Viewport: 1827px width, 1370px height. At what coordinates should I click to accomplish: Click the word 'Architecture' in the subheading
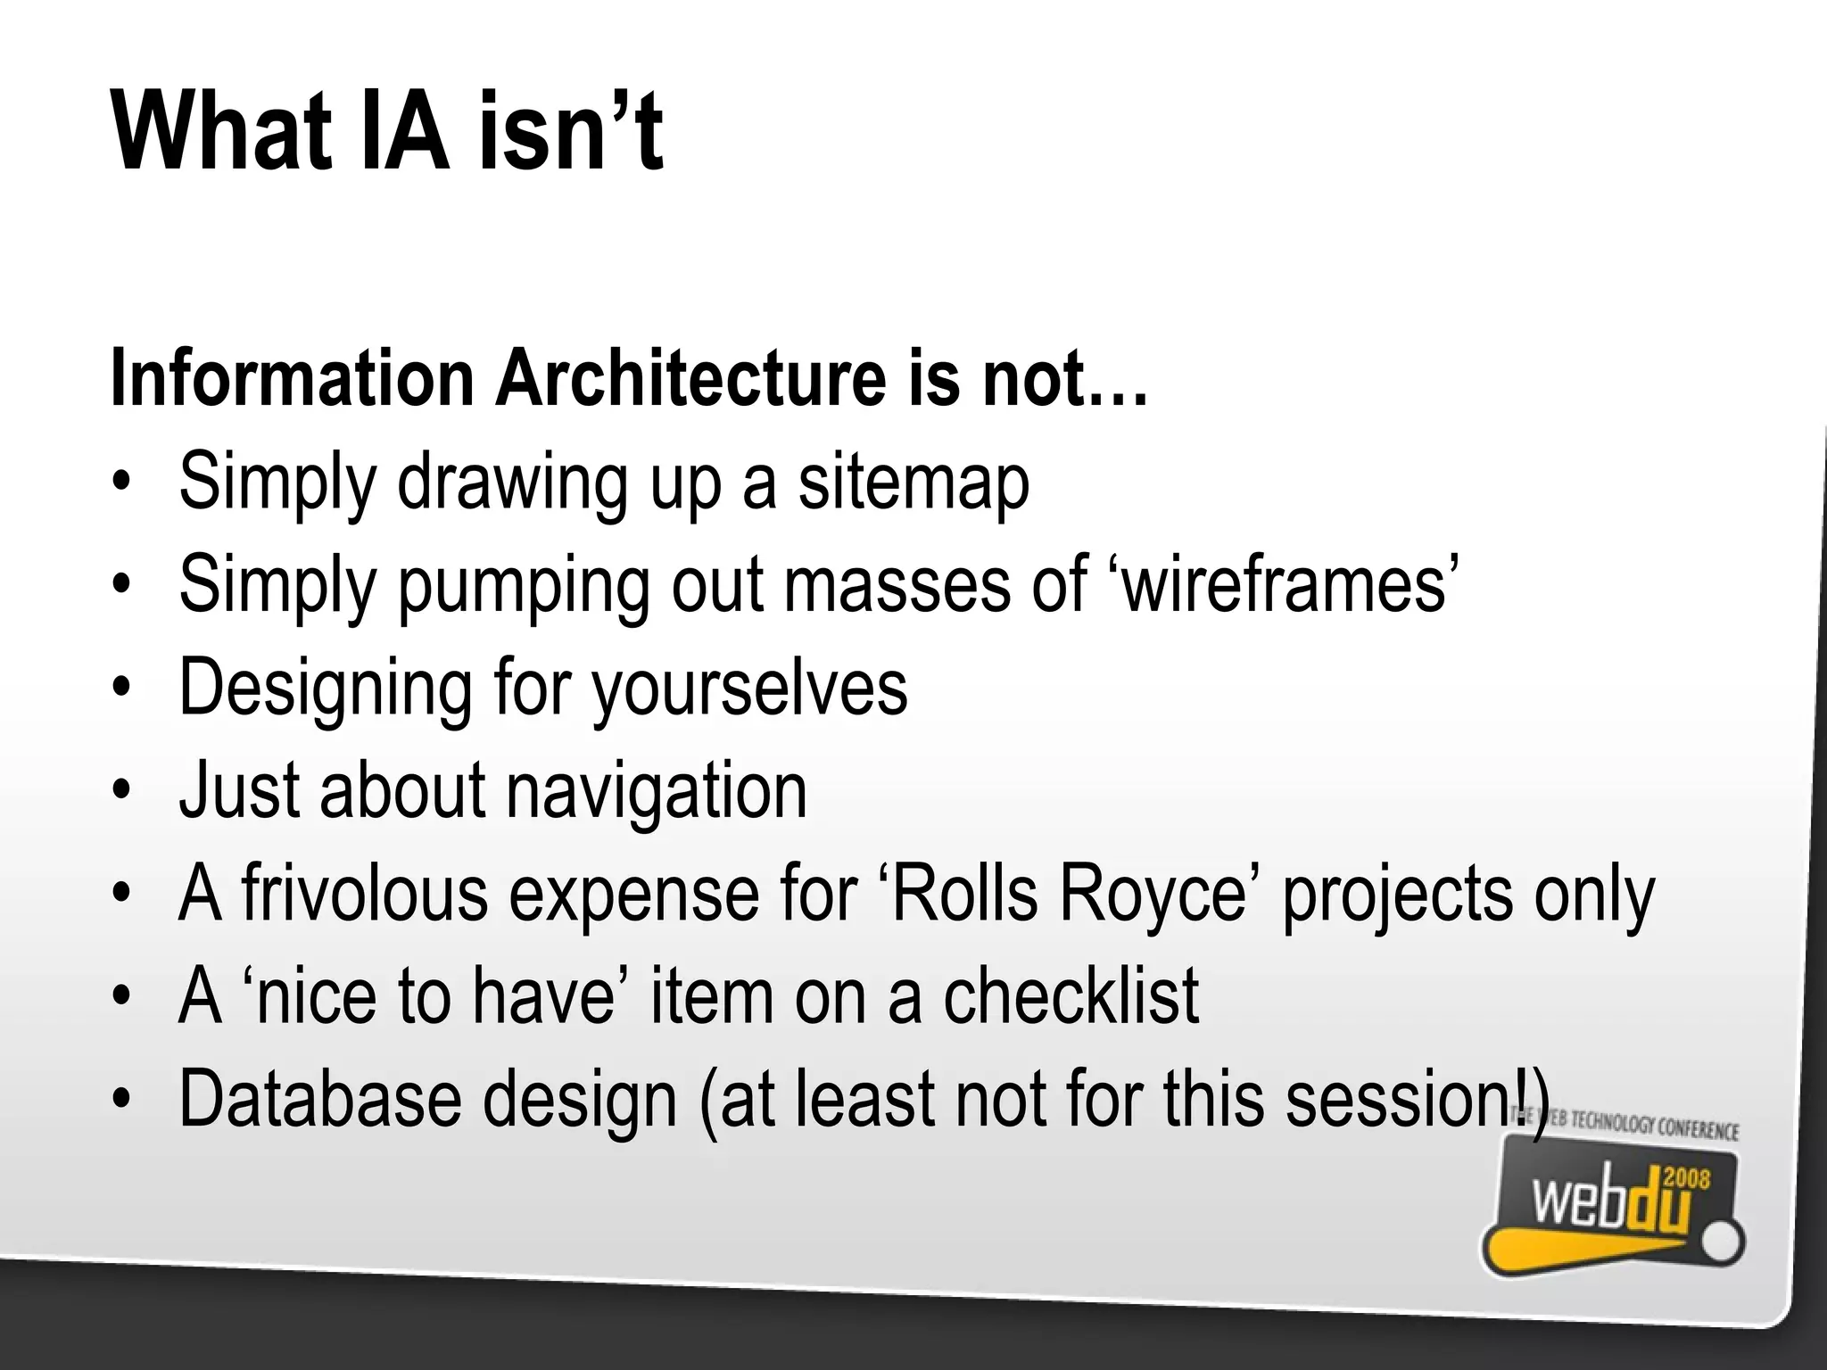tap(690, 378)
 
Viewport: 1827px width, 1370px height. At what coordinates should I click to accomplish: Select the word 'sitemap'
tap(913, 482)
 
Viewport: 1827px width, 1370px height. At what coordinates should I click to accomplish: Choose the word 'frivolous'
tap(365, 894)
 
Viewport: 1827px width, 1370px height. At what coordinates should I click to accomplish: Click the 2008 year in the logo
tap(1687, 1179)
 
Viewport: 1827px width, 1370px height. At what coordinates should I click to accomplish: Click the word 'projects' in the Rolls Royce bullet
tap(1397, 895)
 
